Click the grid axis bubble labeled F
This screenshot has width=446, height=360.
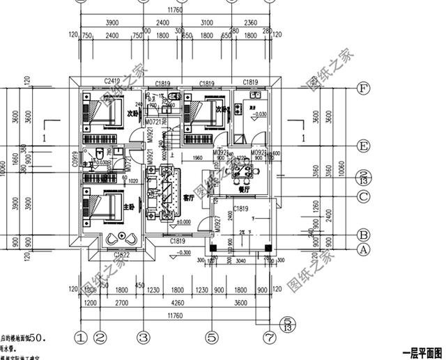point(362,88)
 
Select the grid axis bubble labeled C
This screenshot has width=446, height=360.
point(362,196)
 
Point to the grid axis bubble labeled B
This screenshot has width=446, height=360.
point(362,235)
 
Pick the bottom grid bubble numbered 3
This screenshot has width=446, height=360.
point(144,338)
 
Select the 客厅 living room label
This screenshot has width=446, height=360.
point(188,198)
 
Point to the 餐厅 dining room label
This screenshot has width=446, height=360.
point(245,188)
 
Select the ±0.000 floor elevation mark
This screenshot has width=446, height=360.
point(183,222)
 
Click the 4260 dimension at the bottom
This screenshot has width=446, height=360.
point(178,303)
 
